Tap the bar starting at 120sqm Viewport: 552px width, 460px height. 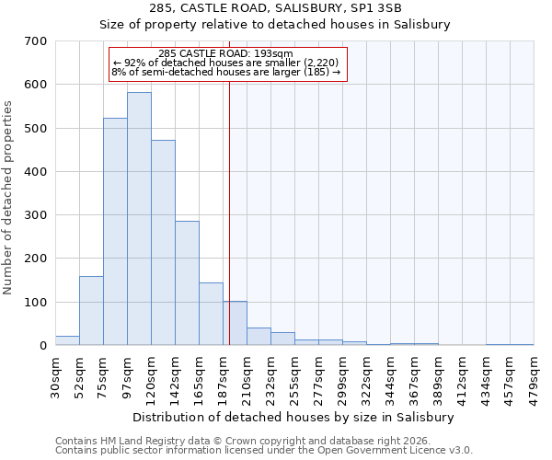[x=163, y=243]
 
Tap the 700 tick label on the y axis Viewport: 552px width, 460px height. [x=36, y=41]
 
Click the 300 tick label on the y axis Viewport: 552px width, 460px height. [x=36, y=215]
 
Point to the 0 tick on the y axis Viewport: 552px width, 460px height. [x=43, y=346]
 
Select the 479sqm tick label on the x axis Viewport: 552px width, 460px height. [x=535, y=378]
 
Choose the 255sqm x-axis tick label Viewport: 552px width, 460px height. [x=295, y=378]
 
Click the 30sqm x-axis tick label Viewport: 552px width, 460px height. [x=56, y=378]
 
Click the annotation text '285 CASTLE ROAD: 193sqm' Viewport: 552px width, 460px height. [x=225, y=53]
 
